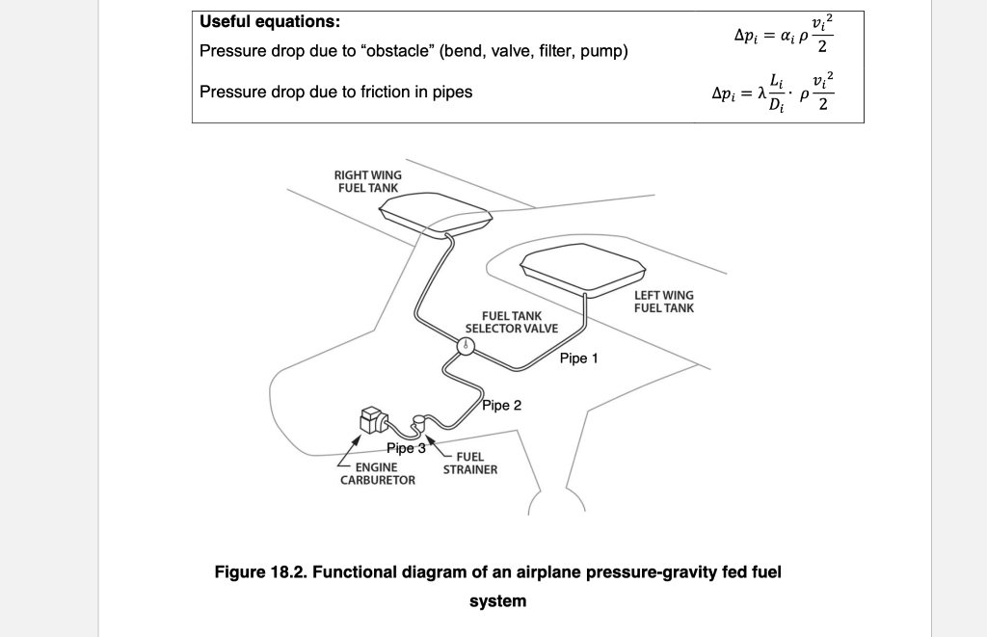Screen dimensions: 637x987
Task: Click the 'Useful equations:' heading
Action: pyautogui.click(x=269, y=21)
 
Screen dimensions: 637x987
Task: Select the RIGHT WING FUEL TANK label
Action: pyautogui.click(x=368, y=181)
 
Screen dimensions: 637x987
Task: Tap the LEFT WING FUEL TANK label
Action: pyautogui.click(x=663, y=302)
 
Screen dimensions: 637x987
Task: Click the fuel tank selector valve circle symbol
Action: pyautogui.click(x=466, y=347)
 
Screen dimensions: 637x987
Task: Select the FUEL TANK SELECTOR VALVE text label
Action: pyautogui.click(x=511, y=322)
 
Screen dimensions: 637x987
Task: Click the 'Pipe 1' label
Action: pyautogui.click(x=578, y=358)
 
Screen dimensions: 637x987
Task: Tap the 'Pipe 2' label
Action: pyautogui.click(x=501, y=405)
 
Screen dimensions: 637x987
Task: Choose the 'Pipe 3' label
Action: pyautogui.click(x=406, y=448)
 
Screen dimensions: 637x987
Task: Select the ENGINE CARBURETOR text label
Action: pyautogui.click(x=377, y=473)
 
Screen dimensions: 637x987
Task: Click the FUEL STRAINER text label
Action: pyautogui.click(x=470, y=463)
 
